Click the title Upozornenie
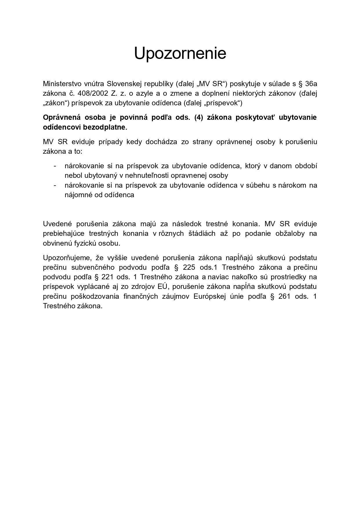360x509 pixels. [x=180, y=53]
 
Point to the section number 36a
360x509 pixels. [x=311, y=84]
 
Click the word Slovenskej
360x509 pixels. [x=123, y=84]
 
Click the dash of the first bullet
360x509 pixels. [x=55, y=166]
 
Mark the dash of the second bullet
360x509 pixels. [x=55, y=185]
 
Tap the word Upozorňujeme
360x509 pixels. [x=67, y=258]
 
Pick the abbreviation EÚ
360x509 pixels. [x=163, y=287]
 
